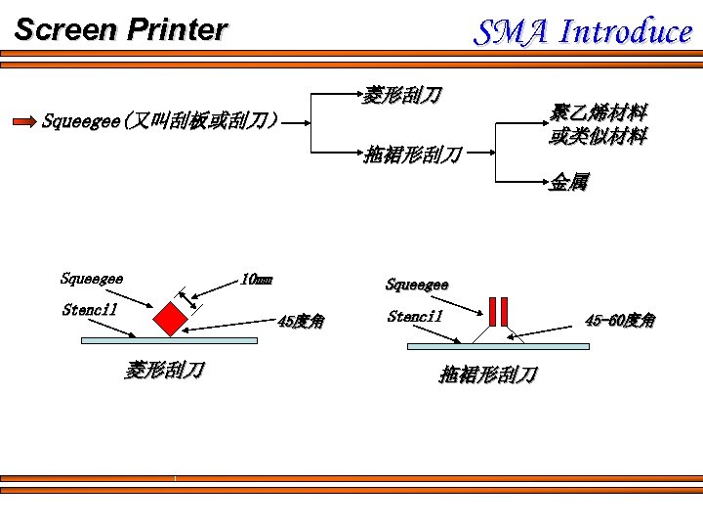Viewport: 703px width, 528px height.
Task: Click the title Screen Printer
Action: (120, 30)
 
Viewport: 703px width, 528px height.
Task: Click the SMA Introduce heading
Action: (583, 32)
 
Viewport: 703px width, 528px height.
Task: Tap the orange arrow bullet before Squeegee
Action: (24, 122)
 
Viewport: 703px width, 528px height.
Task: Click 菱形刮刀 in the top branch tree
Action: (402, 95)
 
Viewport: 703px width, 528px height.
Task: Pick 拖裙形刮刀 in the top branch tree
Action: (411, 154)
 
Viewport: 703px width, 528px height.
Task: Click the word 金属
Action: (568, 182)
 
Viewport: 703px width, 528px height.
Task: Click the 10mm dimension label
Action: (256, 280)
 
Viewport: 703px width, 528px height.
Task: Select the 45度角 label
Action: (301, 321)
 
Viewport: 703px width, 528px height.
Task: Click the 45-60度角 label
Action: (620, 320)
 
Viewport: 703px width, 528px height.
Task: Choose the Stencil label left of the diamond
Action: (90, 310)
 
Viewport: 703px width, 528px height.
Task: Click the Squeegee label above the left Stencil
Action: (92, 279)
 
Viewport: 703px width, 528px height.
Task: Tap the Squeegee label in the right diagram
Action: (417, 286)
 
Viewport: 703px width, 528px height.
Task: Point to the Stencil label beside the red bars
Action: (415, 316)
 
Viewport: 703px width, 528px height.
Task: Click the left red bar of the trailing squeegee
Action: (494, 310)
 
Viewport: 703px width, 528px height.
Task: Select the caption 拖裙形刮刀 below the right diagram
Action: (487, 374)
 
